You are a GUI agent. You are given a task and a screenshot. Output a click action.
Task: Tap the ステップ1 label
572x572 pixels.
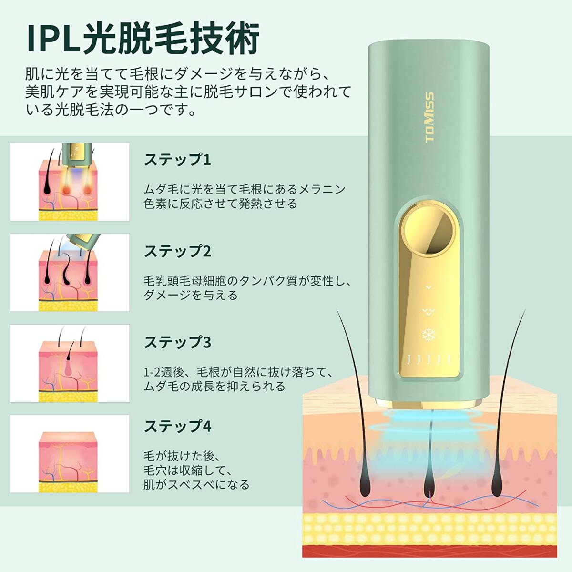[x=177, y=160]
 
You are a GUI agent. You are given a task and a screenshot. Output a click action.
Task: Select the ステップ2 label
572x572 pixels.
[x=177, y=251]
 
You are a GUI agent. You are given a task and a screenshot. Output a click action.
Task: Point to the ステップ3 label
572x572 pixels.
[x=177, y=342]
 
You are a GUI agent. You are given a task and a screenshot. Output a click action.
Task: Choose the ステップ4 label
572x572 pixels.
[x=177, y=425]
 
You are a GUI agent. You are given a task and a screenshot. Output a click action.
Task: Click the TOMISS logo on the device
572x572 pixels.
[x=429, y=117]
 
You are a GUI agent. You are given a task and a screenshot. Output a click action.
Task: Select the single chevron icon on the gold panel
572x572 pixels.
[x=428, y=287]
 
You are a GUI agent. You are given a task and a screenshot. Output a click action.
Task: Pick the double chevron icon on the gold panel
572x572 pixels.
[x=428, y=311]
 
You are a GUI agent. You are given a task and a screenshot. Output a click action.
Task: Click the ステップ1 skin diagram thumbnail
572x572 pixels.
[x=70, y=182]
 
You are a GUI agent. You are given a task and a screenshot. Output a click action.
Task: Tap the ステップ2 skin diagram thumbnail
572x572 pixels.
[x=70, y=273]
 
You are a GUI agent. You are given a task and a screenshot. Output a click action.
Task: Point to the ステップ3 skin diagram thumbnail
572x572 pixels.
[x=70, y=363]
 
